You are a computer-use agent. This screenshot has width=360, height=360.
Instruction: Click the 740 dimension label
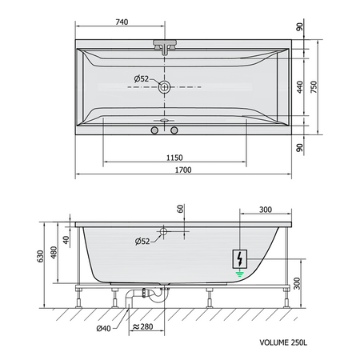(x=122, y=22)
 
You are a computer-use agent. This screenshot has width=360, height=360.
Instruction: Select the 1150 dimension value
(x=174, y=158)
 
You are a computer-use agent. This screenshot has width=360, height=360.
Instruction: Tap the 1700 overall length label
(x=183, y=170)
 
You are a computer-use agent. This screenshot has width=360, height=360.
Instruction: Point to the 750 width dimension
(x=314, y=86)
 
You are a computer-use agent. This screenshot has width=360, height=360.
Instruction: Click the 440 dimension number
(x=300, y=87)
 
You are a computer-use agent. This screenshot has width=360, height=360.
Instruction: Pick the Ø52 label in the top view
(x=142, y=78)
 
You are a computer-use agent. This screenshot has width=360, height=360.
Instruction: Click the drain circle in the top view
(x=164, y=87)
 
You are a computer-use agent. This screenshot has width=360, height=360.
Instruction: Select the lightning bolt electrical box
(x=240, y=259)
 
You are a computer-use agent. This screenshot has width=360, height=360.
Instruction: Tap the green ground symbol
(x=240, y=273)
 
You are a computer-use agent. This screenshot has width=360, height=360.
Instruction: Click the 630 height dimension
(x=40, y=256)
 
